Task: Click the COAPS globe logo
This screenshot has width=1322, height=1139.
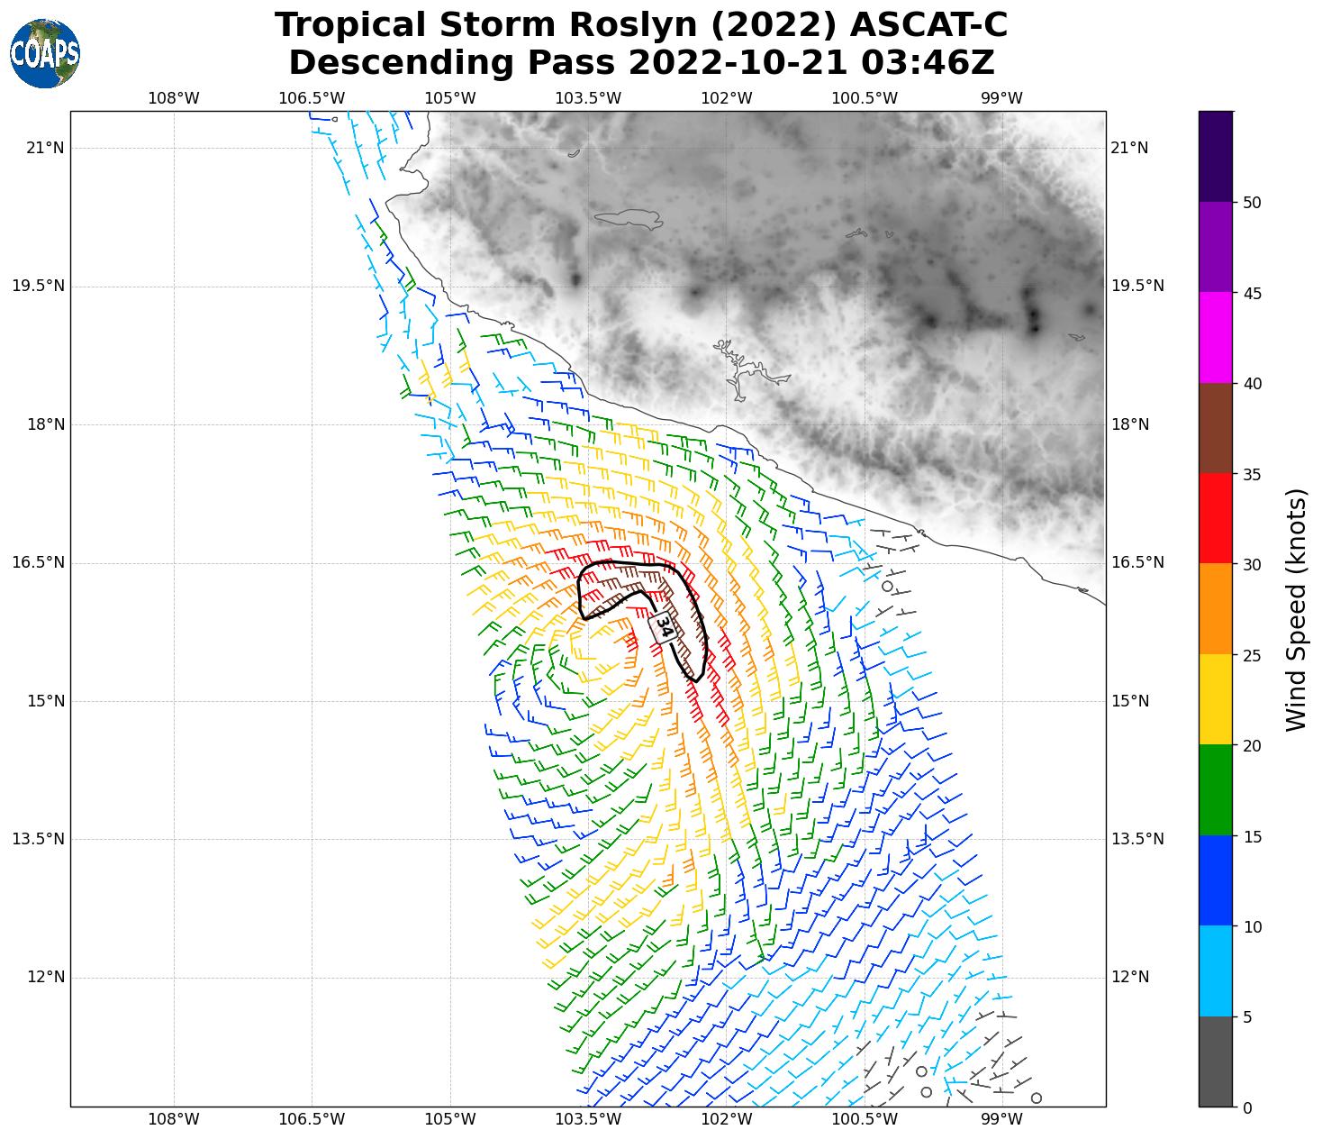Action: click(x=45, y=54)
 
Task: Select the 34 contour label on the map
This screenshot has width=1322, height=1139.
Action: click(x=664, y=626)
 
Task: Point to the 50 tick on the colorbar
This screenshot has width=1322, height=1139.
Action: click(x=1251, y=203)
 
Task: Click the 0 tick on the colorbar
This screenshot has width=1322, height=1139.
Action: click(x=1246, y=1107)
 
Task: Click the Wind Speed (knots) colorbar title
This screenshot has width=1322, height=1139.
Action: click(x=1295, y=609)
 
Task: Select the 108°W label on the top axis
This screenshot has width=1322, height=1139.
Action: click(x=174, y=98)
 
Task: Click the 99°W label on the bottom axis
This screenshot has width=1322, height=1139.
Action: click(x=1002, y=1119)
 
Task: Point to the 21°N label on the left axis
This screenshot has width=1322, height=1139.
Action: click(x=46, y=148)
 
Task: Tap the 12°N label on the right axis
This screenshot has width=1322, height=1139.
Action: click(x=1130, y=977)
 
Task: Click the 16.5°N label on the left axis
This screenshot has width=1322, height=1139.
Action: click(x=39, y=562)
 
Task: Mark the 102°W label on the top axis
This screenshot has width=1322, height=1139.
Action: click(x=727, y=98)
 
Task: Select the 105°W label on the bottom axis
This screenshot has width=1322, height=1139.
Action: click(x=450, y=1119)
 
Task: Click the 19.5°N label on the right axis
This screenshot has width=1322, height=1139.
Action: click(x=1137, y=286)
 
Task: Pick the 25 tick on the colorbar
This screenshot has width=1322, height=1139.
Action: click(x=1251, y=655)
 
